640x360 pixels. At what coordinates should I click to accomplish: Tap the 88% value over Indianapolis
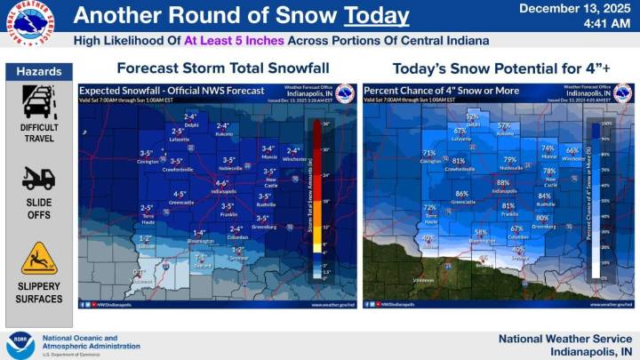[x=503, y=183]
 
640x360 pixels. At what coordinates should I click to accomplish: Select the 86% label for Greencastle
[x=461, y=194]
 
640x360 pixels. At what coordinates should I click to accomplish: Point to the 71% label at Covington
[x=429, y=154]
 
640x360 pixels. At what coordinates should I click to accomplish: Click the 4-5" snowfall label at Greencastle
[x=180, y=194]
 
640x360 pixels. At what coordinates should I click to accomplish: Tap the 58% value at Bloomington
[x=481, y=233]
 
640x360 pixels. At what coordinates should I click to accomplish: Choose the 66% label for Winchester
[x=572, y=150]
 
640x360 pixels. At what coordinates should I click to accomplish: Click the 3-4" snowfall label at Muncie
[x=267, y=148]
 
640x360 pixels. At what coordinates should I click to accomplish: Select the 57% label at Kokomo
[x=505, y=125]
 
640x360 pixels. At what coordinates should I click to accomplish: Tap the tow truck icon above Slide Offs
[x=38, y=178]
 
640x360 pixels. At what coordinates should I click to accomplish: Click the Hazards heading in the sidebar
[x=38, y=71]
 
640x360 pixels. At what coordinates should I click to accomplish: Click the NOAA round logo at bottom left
[x=20, y=345]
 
